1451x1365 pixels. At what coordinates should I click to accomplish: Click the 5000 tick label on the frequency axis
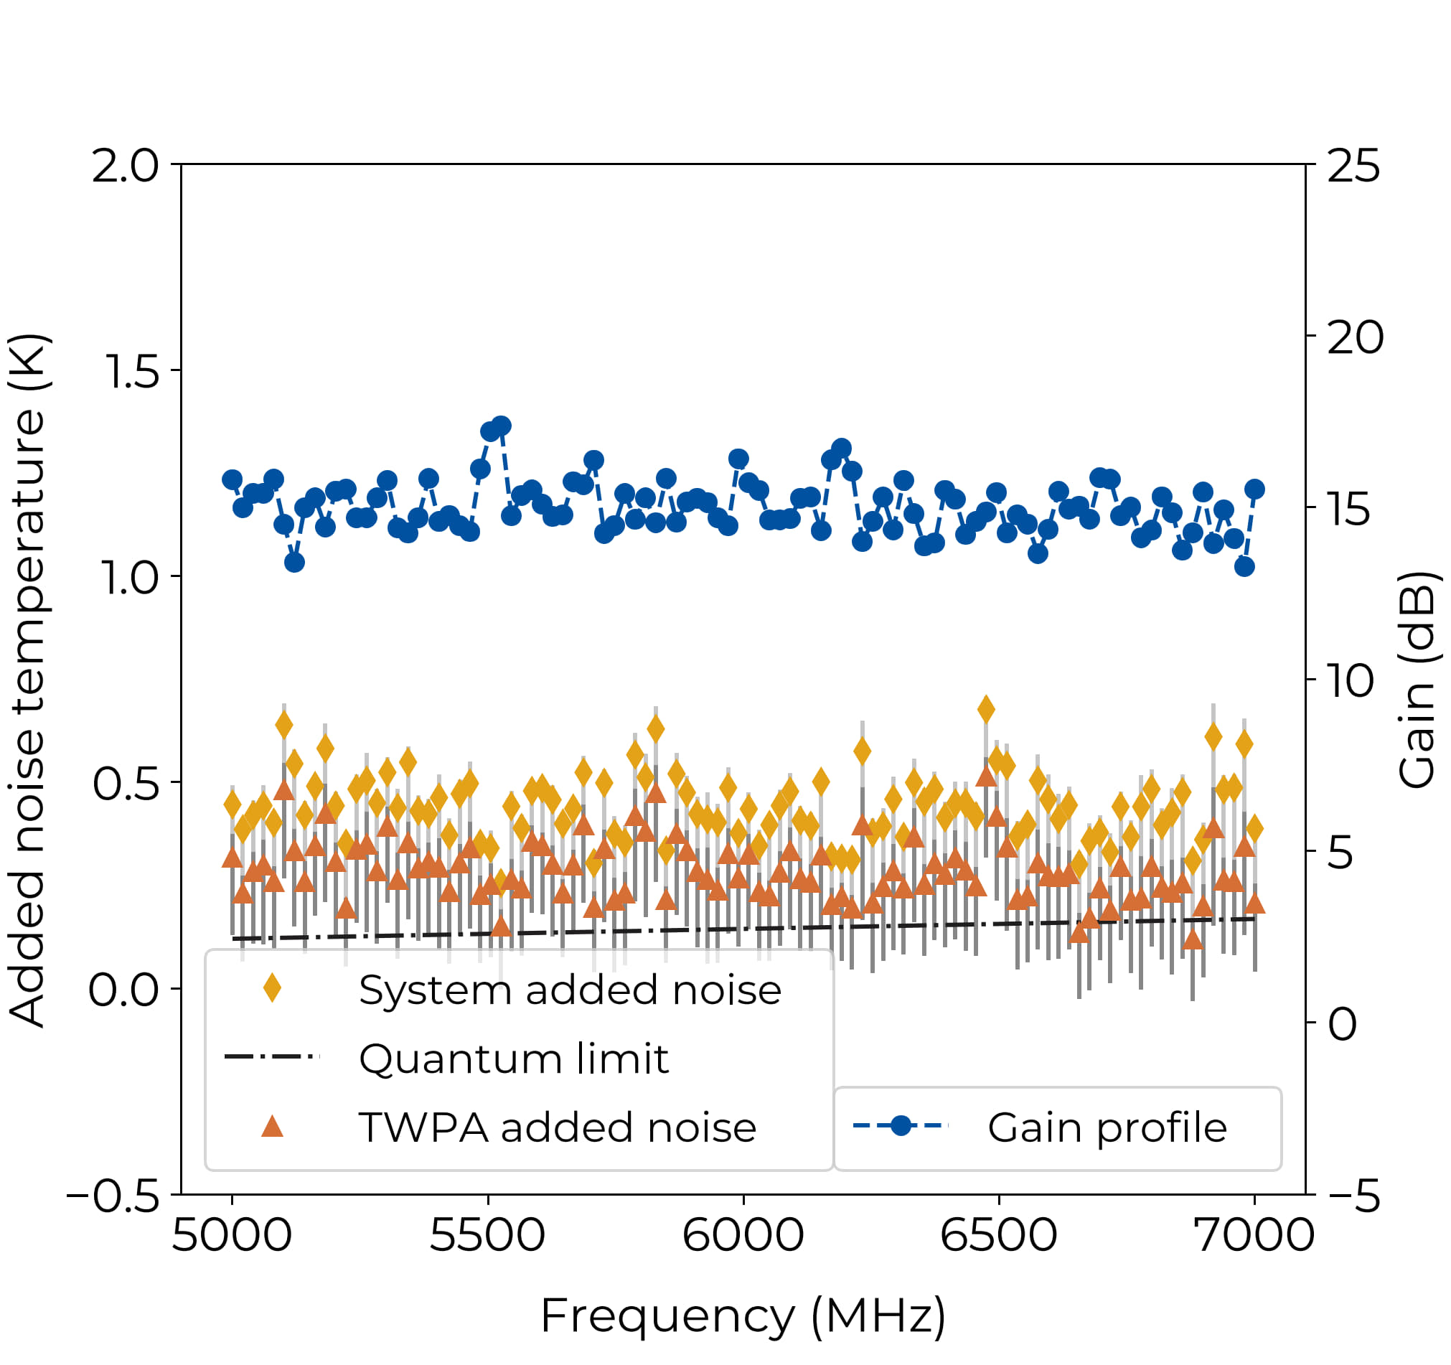click(x=232, y=1235)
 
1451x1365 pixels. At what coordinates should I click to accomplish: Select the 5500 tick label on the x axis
click(x=487, y=1235)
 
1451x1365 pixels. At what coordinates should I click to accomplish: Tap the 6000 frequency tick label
click(x=743, y=1235)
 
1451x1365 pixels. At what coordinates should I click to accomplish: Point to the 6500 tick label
click(x=998, y=1235)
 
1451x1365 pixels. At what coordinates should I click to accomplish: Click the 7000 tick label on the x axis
click(x=1254, y=1235)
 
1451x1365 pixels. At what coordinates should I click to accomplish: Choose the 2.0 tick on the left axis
click(x=125, y=166)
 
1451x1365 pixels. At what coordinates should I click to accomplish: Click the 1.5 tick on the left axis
click(x=132, y=372)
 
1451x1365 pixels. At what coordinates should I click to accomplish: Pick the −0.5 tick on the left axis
click(x=113, y=1197)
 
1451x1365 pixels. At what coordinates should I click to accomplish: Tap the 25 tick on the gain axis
click(x=1353, y=166)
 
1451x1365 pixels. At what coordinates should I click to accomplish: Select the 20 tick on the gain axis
click(x=1355, y=338)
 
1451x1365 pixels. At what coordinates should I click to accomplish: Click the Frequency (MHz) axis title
click(x=743, y=1316)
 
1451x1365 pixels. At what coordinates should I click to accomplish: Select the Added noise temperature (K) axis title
click(x=28, y=680)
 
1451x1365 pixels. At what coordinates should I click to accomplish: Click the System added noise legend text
click(x=570, y=990)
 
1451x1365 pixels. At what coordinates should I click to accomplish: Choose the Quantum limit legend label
click(x=514, y=1059)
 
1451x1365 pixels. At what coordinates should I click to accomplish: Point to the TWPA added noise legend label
click(x=558, y=1127)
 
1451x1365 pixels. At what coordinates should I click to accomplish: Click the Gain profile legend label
click(x=1107, y=1127)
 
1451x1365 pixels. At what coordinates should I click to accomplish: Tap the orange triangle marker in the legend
click(x=272, y=1127)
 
